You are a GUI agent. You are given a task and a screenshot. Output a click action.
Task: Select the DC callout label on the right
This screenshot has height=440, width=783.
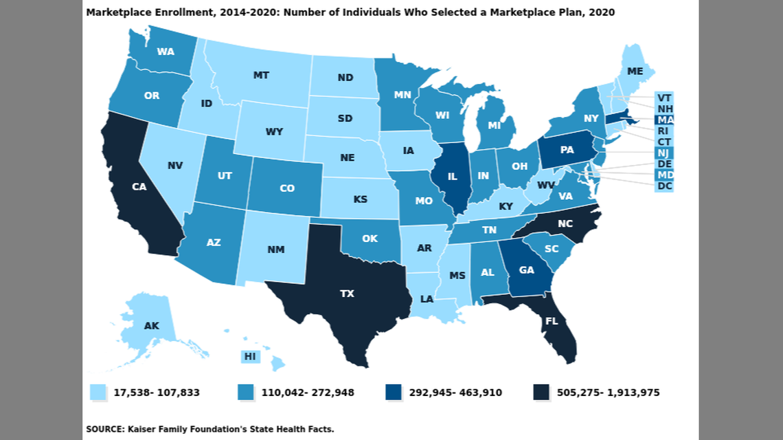663,186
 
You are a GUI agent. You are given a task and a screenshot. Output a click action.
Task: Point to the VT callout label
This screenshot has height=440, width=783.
663,97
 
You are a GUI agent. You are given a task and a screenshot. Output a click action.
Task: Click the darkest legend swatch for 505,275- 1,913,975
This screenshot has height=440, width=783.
542,393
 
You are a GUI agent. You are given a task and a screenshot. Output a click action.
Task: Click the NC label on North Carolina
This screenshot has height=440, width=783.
565,224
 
